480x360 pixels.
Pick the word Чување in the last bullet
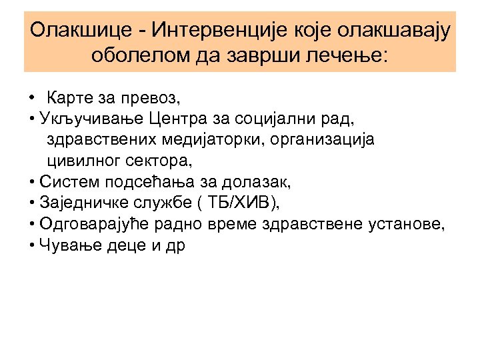point(63,244)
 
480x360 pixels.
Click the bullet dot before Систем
point(33,182)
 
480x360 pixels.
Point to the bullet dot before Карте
point(33,99)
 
